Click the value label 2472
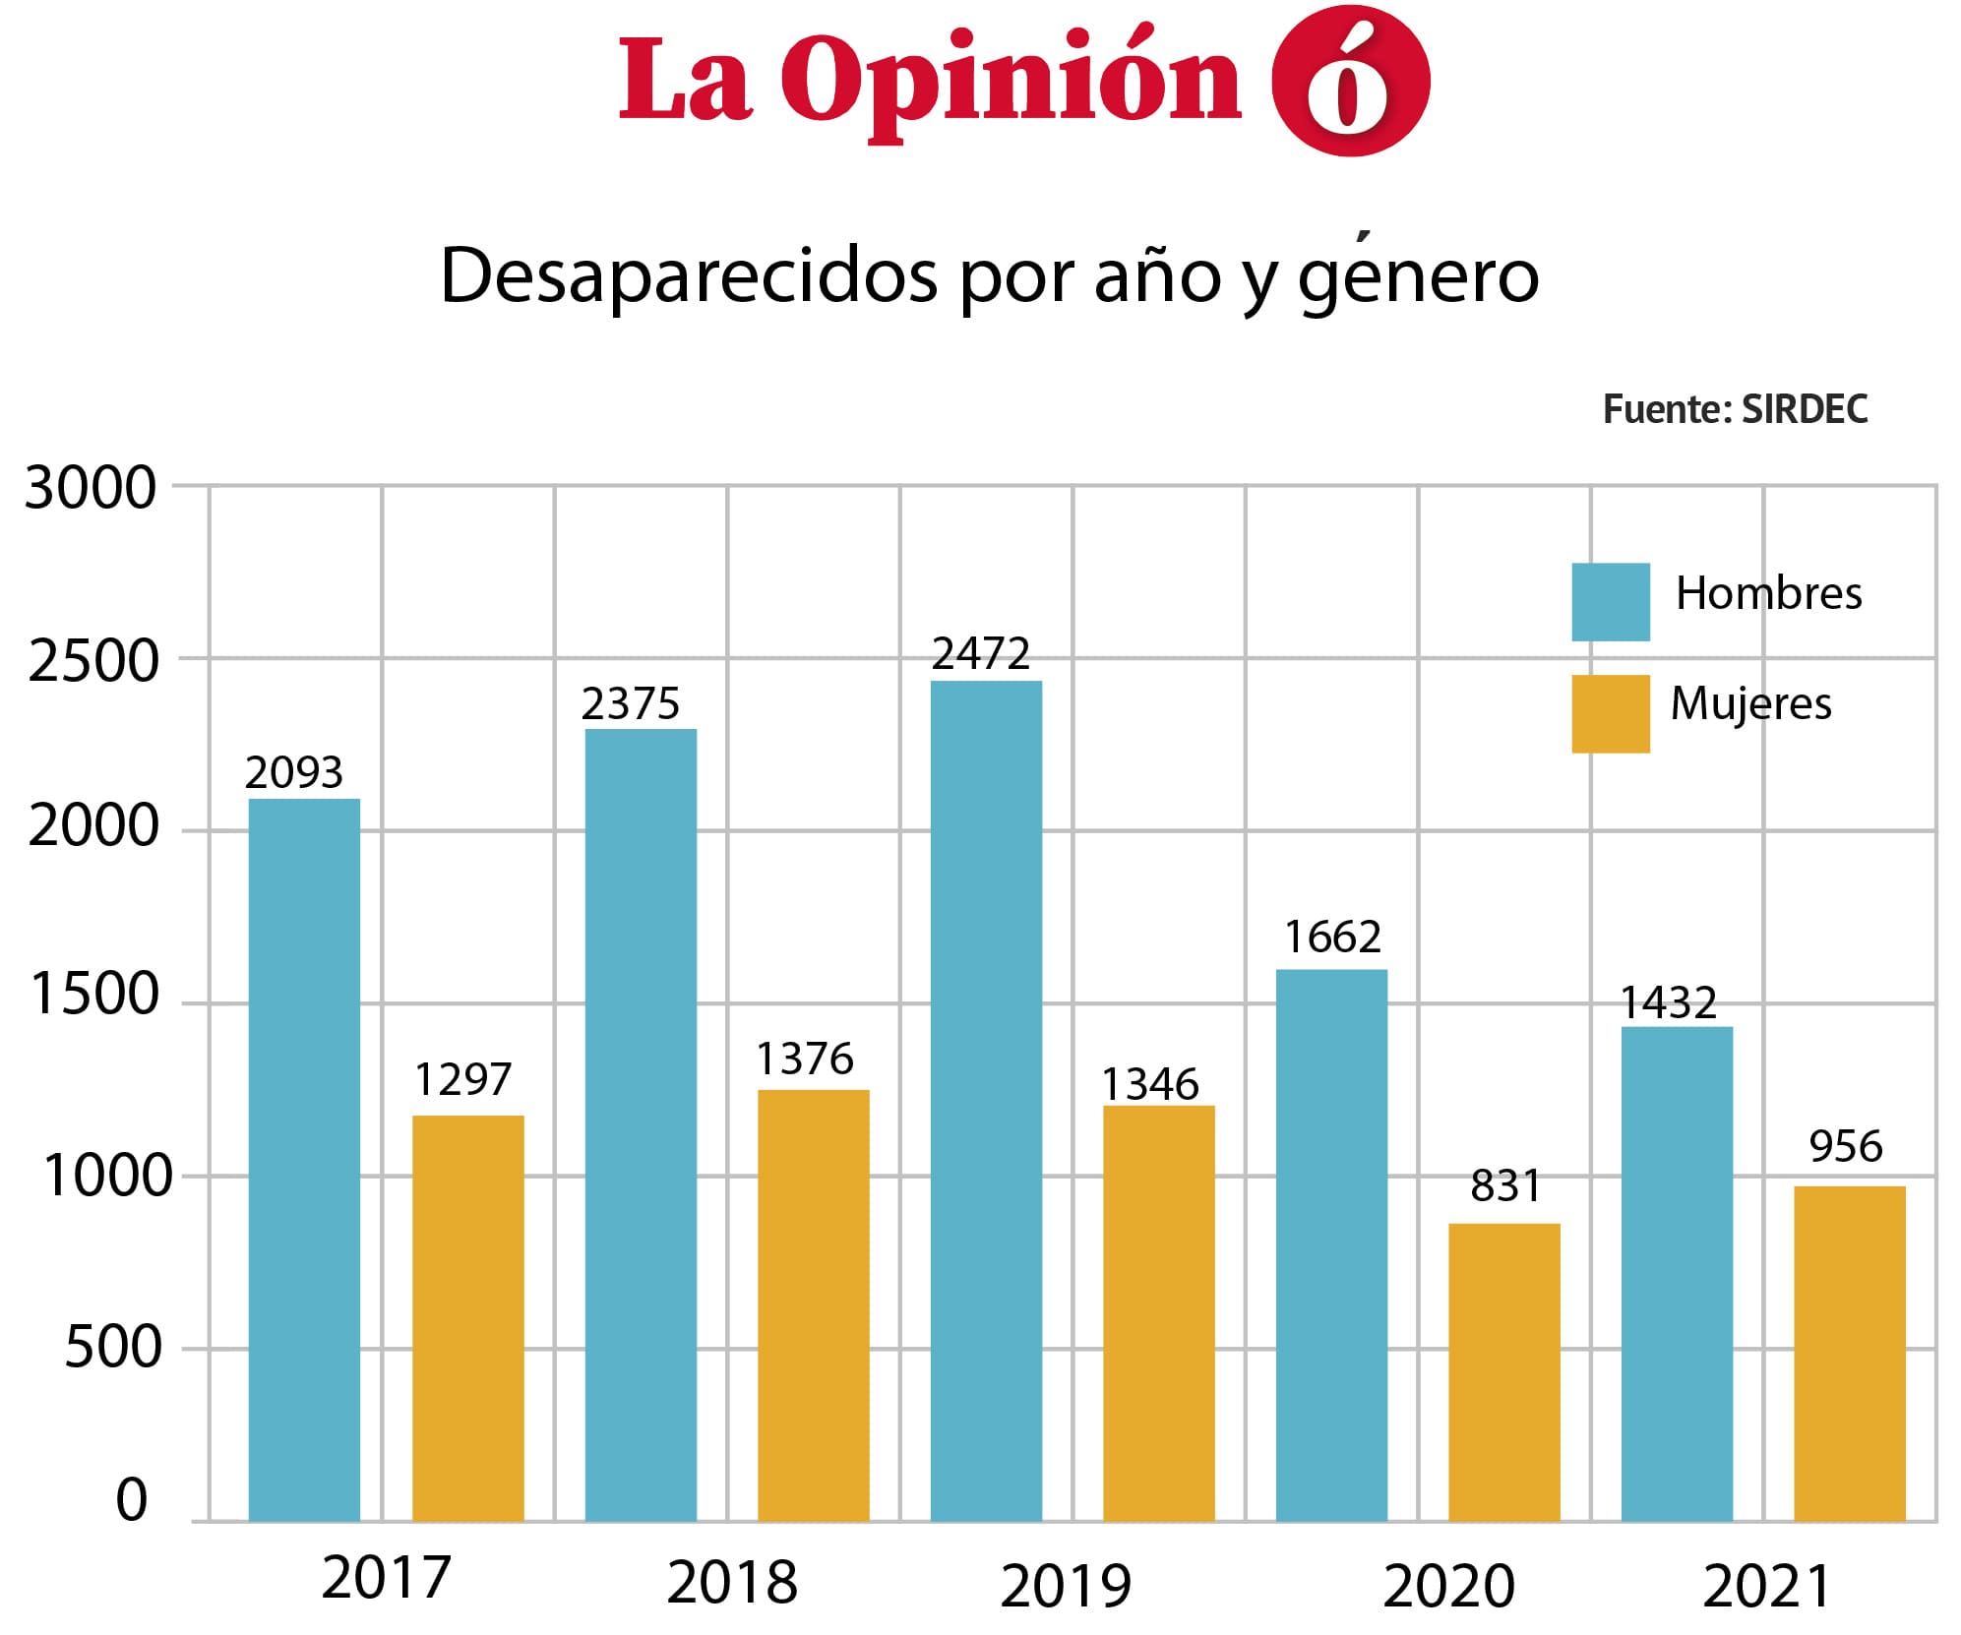coord(980,654)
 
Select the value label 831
coord(1504,1185)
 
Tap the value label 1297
coord(462,1079)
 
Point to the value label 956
coord(1845,1146)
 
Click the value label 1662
coord(1332,937)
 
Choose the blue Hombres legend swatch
coord(1610,601)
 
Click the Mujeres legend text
coord(1750,704)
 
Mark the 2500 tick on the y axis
coord(92,661)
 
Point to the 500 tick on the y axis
coord(112,1347)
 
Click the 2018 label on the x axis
coord(731,1583)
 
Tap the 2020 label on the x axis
coord(1447,1586)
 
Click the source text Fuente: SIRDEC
coord(1735,409)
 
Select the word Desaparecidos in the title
coord(689,276)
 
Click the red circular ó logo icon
coord(1350,81)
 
